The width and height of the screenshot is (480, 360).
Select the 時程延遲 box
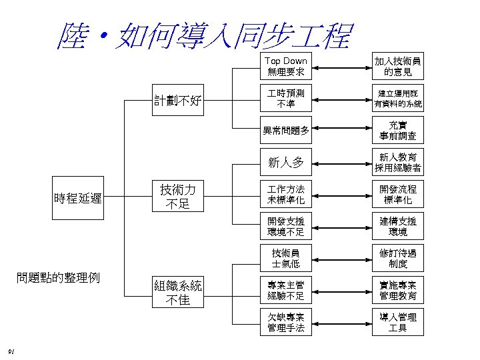tap(78, 197)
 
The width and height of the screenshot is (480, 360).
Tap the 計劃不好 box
tap(179, 101)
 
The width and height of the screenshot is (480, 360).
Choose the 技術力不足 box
tap(179, 197)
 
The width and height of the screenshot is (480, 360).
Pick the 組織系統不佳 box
tap(179, 292)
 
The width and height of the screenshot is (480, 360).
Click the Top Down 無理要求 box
tap(286, 66)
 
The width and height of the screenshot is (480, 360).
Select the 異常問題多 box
tap(286, 130)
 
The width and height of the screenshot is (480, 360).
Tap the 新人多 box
tap(286, 162)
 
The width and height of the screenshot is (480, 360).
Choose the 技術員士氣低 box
tap(286, 258)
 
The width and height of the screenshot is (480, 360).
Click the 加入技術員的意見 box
tap(398, 66)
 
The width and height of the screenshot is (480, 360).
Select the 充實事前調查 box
tap(398, 130)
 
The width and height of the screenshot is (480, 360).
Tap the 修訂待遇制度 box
tap(398, 258)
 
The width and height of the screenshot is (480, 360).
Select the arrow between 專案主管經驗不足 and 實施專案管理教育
tap(342, 291)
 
